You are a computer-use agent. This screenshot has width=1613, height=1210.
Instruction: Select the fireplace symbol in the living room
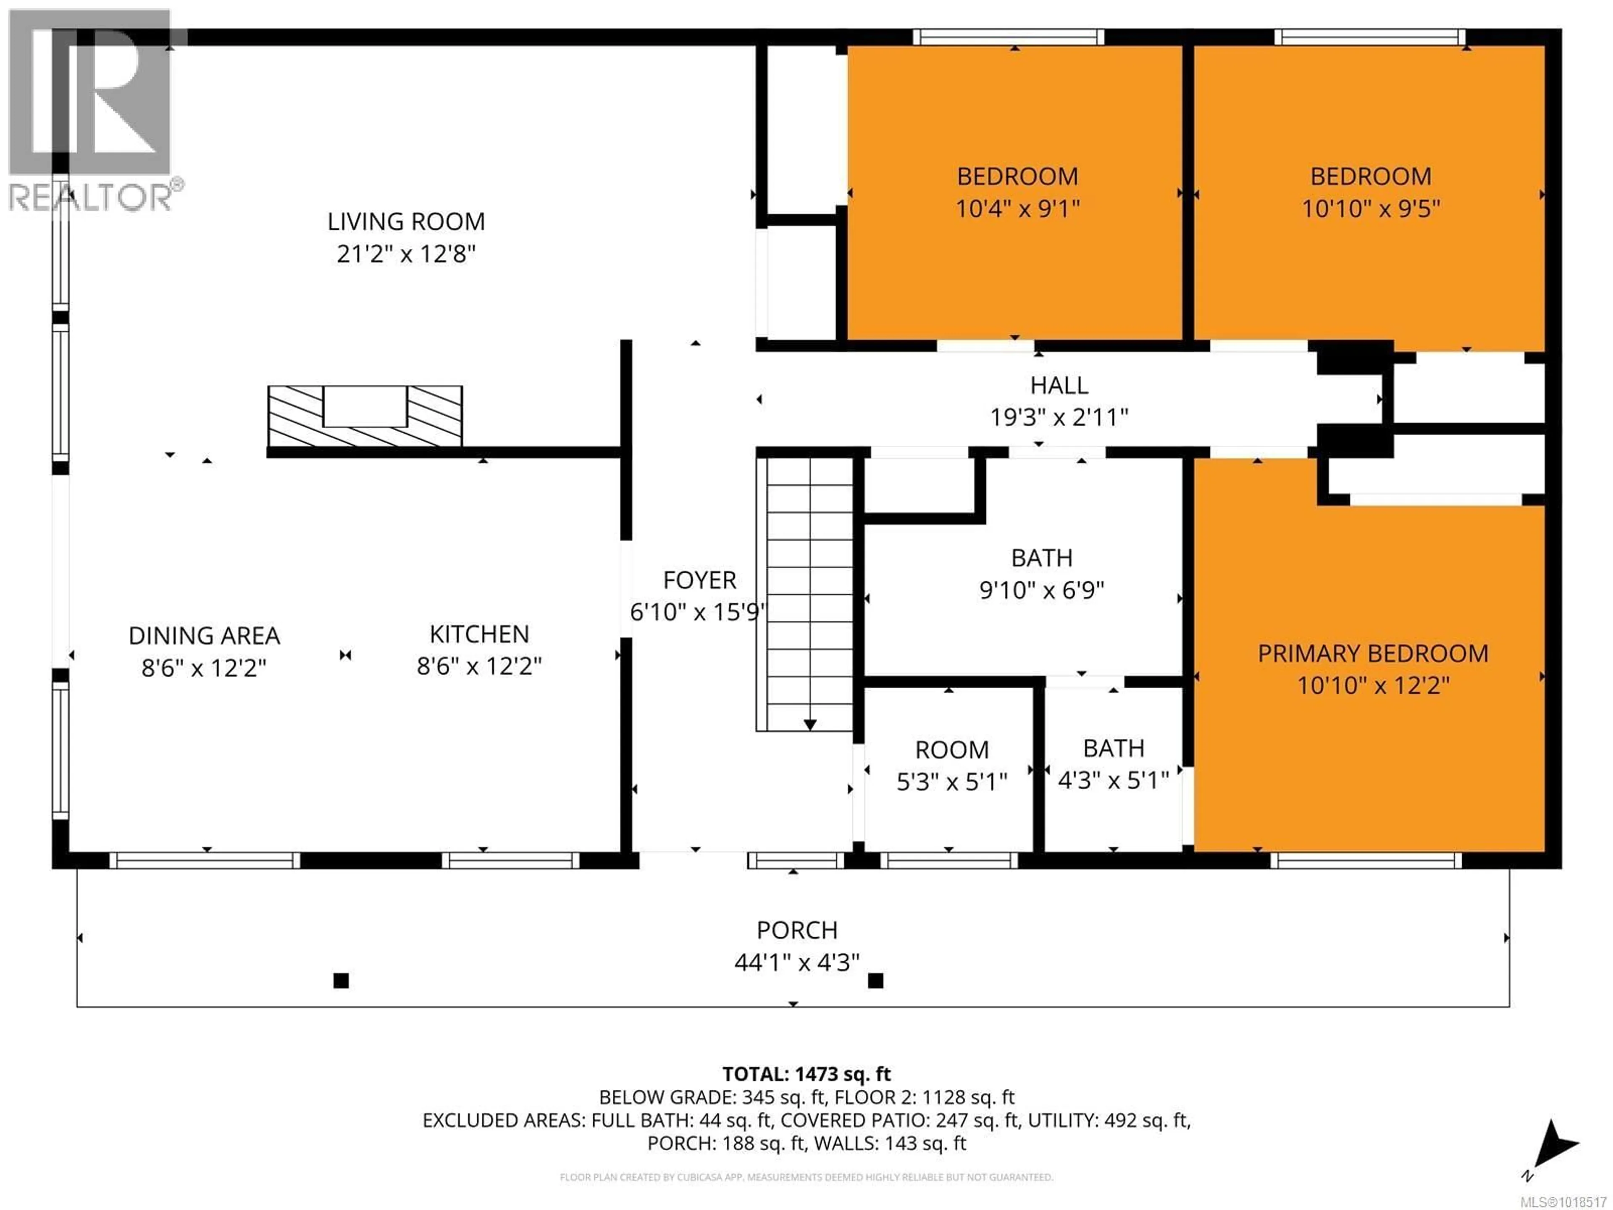pos(365,416)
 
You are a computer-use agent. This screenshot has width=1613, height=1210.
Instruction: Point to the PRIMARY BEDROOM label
pos(1372,653)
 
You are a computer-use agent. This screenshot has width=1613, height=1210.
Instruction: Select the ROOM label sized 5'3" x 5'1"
pos(951,750)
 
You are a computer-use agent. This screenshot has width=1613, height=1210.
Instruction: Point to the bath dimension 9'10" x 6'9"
pos(1041,590)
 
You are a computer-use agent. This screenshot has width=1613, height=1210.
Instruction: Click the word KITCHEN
pos(479,634)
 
